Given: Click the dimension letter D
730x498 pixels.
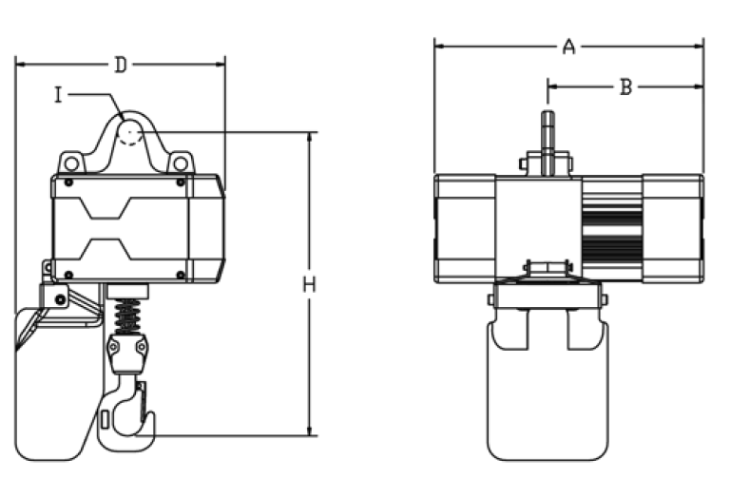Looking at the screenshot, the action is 121,66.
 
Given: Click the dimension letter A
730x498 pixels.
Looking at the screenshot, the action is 569,47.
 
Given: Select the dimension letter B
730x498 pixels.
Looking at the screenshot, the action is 626,86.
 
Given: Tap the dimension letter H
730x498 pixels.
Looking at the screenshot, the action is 309,284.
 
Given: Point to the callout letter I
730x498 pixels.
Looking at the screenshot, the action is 58,95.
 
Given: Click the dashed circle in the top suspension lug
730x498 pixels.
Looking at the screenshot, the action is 130,136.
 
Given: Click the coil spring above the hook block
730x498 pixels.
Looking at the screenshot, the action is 126,316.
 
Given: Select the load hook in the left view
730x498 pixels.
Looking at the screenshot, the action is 126,414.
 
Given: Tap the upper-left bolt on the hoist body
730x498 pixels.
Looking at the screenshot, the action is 68,182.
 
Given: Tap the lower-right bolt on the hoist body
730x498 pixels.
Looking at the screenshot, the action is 181,275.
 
